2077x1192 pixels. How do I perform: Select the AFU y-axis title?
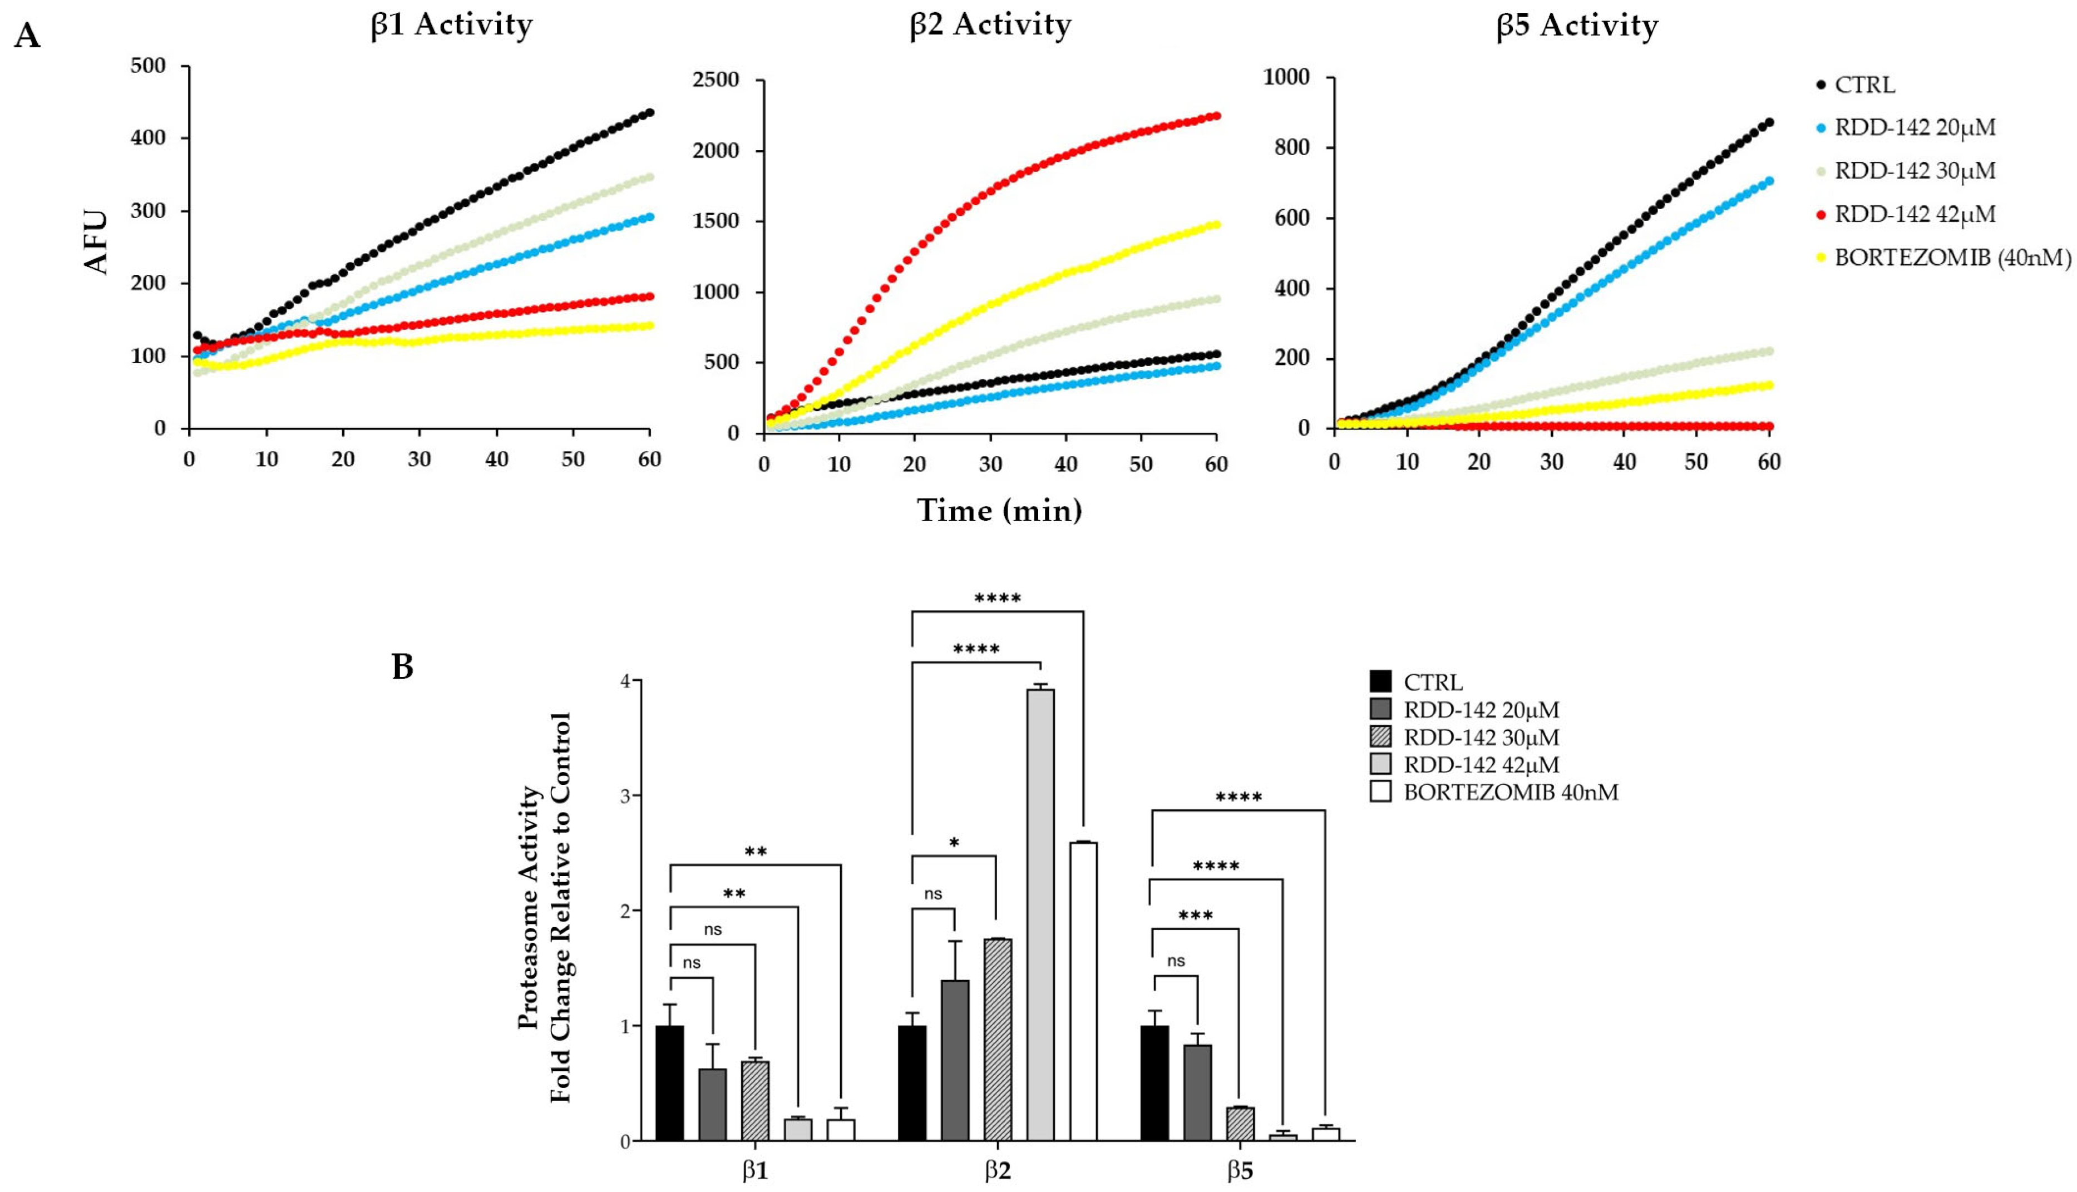(97, 243)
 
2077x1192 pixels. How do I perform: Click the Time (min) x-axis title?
(999, 510)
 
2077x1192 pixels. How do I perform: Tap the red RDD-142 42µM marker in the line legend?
(1821, 215)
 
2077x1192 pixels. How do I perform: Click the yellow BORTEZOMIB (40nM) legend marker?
(1821, 258)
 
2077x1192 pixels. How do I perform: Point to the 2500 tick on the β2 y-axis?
(716, 80)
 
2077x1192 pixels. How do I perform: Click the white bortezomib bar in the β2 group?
(1083, 991)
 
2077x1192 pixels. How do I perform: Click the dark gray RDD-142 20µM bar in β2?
(955, 1060)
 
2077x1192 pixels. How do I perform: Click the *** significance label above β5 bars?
(1195, 916)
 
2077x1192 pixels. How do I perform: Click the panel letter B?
(402, 667)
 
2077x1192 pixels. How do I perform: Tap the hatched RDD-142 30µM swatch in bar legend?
(1380, 737)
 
